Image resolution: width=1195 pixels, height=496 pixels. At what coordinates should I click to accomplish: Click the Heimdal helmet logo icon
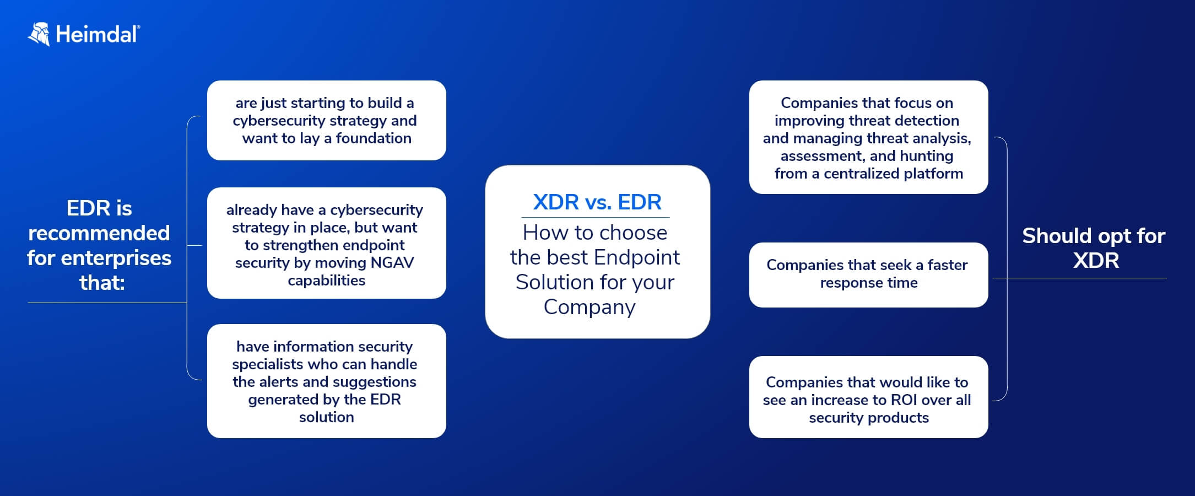coord(39,34)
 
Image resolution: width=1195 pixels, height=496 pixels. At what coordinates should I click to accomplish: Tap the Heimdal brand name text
coord(98,34)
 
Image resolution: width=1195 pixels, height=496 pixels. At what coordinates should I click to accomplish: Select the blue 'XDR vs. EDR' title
coord(597,202)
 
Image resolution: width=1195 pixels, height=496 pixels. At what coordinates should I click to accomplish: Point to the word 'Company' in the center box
coord(590,307)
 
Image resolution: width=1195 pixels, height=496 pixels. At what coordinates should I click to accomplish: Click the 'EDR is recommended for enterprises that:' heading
coord(99,245)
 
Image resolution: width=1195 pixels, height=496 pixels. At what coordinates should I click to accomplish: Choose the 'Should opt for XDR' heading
coord(1094,248)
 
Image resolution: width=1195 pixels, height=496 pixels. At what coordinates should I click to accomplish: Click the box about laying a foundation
coord(327,120)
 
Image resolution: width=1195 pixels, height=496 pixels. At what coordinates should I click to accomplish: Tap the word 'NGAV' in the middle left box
coord(392,262)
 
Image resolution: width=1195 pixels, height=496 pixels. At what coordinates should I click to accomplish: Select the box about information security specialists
coord(327,381)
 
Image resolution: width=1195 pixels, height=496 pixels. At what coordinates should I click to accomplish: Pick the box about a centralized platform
coord(869,137)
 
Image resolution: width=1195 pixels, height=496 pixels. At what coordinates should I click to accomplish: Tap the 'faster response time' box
coord(869,274)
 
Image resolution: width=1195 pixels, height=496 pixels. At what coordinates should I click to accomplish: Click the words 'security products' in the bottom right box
coord(869,418)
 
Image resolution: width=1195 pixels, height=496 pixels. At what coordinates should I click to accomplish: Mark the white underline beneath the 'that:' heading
coord(107,303)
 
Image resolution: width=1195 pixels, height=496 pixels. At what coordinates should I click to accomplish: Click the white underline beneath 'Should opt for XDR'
coord(1080,278)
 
